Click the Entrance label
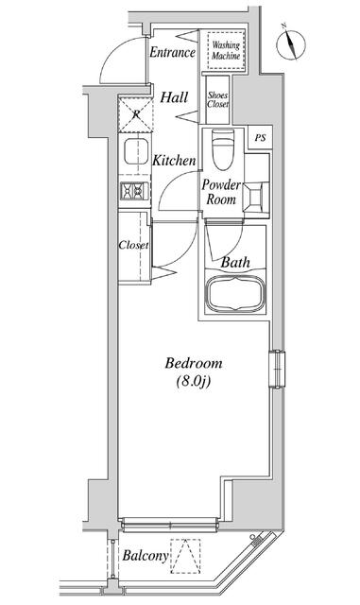point(173,52)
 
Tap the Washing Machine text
point(226,50)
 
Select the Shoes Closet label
point(217,99)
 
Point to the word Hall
point(174,97)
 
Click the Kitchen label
point(174,161)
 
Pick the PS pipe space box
point(260,137)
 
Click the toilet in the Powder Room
point(223,149)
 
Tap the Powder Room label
point(221,192)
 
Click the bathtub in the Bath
point(235,294)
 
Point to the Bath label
point(235,263)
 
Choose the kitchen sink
point(136,151)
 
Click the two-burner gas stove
point(135,191)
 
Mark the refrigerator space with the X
point(135,115)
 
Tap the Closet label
point(133,245)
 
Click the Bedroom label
point(194,363)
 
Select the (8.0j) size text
point(193,382)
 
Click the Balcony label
point(146,556)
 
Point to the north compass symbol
point(290,43)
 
